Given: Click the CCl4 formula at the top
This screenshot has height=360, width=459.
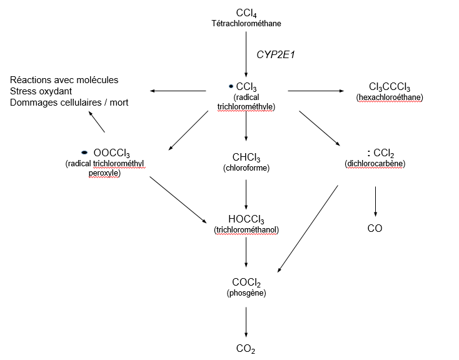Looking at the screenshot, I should (246, 13).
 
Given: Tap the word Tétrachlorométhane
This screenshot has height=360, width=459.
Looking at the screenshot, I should (246, 24).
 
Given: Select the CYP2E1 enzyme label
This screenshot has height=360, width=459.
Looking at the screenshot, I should (275, 55).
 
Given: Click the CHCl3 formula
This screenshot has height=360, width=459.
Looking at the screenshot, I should (246, 157).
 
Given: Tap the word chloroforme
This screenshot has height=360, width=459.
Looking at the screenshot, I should (246, 168).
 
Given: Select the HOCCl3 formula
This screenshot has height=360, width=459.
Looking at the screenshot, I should (246, 219).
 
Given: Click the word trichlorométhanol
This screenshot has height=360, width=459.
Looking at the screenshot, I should (246, 230).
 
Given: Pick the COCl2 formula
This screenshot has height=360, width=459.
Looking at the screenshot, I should (246, 282).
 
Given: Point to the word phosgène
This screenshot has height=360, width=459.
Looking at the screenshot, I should (246, 293).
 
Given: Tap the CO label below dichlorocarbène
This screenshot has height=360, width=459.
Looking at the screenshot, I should (375, 229).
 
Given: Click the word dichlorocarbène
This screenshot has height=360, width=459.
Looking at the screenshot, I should (375, 163).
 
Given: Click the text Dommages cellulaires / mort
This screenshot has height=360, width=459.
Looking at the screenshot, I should (69, 102).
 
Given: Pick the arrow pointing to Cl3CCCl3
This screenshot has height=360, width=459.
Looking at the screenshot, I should (316, 91).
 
